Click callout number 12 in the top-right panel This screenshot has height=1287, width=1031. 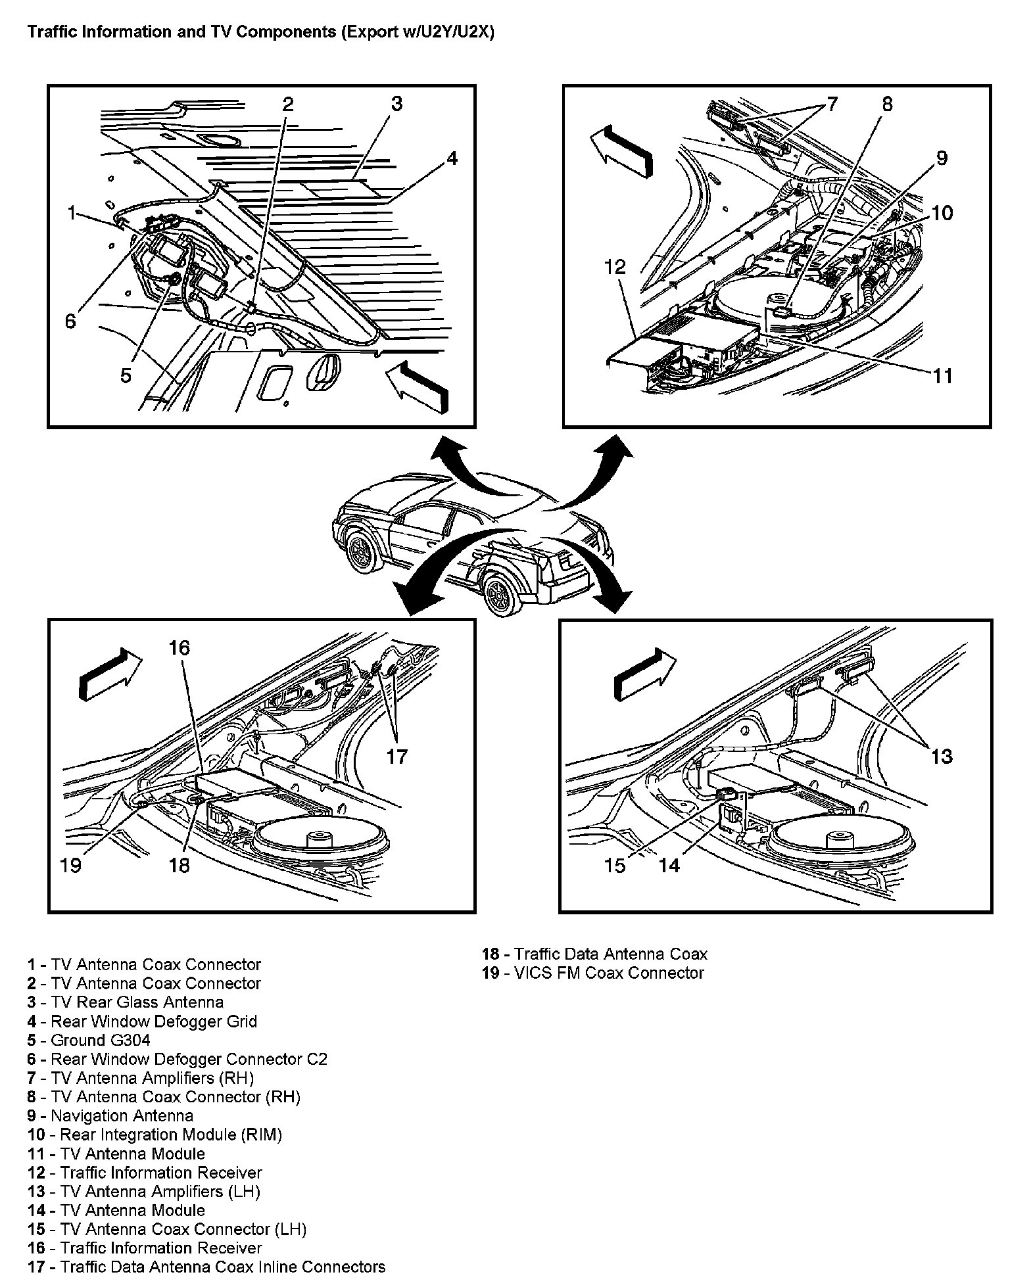pos(615,268)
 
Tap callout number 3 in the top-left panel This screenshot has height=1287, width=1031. pos(396,104)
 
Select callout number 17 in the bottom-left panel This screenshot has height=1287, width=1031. pos(397,757)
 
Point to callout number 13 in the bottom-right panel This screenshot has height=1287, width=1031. pos(942,757)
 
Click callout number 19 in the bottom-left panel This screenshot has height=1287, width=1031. pos(70,865)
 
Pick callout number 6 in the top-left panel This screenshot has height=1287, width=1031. pos(70,321)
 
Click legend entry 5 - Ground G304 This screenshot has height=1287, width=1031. pos(89,1041)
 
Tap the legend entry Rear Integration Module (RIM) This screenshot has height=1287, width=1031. pos(155,1135)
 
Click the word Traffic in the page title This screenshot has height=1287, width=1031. pos(50,32)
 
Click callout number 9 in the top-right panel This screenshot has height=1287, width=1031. pos(942,158)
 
